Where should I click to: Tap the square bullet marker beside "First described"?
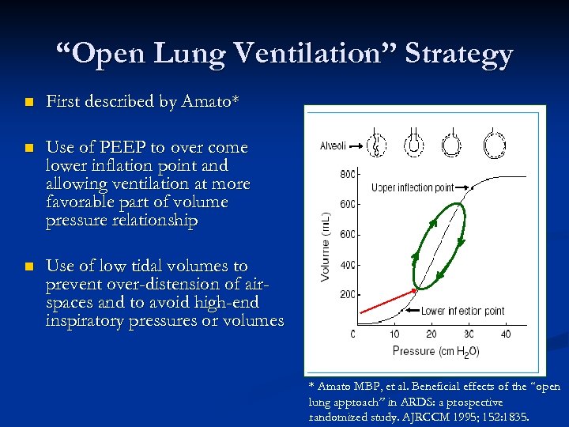(28, 103)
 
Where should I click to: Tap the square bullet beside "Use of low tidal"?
(28, 266)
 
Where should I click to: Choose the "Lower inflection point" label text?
(462, 311)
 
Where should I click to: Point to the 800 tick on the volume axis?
(346, 173)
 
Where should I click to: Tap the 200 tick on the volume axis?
(346, 294)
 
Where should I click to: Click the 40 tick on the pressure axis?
(506, 333)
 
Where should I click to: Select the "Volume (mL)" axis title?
(325, 245)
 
